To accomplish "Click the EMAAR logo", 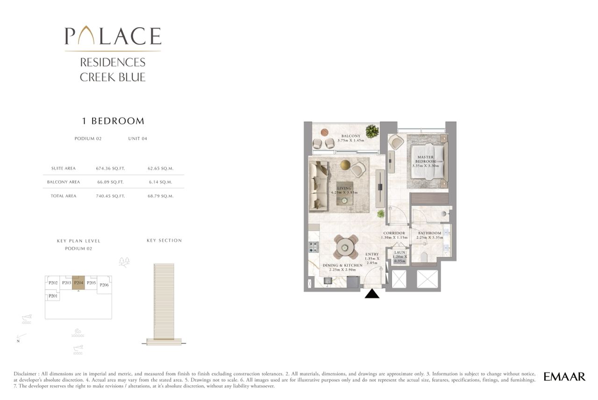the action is [564, 377].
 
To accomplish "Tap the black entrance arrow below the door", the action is [372, 293].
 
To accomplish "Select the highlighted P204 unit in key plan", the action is [78, 283].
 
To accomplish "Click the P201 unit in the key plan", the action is [53, 296].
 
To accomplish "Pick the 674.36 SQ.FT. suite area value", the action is [111, 168].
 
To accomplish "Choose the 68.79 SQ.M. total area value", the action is [161, 196].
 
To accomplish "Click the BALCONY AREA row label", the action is [64, 182].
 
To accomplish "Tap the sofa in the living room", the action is [318, 186].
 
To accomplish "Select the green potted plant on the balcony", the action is [372, 131].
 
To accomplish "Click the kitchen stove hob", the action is [313, 247].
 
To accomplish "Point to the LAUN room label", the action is [399, 253].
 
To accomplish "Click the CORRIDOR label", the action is [394, 233].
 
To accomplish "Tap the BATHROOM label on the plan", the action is [429, 233].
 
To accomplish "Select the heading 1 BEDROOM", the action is [113, 121].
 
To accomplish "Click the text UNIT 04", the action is [137, 138].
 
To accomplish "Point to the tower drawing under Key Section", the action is [164, 304].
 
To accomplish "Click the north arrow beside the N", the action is [21, 336].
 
